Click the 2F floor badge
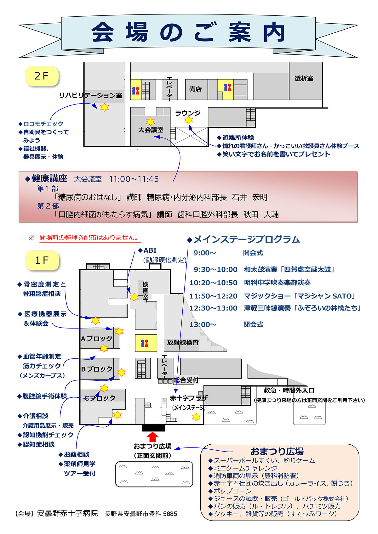click(x=42, y=76)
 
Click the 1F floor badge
click(x=42, y=261)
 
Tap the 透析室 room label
click(x=304, y=78)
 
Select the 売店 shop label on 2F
click(x=195, y=89)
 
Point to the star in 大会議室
click(x=151, y=121)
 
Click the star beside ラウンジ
click(x=188, y=120)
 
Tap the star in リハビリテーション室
click(x=104, y=107)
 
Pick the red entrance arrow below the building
click(x=153, y=437)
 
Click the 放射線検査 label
click(x=183, y=342)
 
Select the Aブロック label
click(x=96, y=339)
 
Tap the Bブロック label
click(x=97, y=369)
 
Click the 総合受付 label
click(x=186, y=380)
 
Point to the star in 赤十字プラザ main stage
click(x=196, y=417)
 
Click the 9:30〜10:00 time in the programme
click(x=215, y=269)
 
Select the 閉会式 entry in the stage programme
click(x=253, y=324)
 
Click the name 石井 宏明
click(x=249, y=197)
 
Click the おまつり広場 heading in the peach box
click(x=277, y=452)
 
